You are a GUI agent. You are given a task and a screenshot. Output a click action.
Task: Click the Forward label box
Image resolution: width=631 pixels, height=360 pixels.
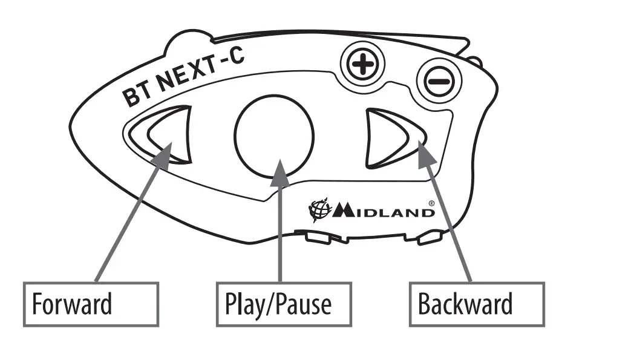coord(91,304)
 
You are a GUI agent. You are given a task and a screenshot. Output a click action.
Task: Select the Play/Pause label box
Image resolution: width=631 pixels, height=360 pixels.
coord(283,304)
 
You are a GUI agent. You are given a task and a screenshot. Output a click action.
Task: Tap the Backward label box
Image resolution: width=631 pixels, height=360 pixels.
coord(476,304)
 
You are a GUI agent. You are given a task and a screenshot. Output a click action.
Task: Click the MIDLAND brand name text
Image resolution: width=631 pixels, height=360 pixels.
coord(382,211)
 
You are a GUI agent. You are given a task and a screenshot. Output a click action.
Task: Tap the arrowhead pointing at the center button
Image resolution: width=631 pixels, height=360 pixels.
coord(279,172)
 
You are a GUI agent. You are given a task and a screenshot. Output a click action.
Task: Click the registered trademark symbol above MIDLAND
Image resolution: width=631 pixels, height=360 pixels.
coord(431,203)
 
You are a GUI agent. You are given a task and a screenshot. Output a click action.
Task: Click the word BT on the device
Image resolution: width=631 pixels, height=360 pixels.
coord(137,96)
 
